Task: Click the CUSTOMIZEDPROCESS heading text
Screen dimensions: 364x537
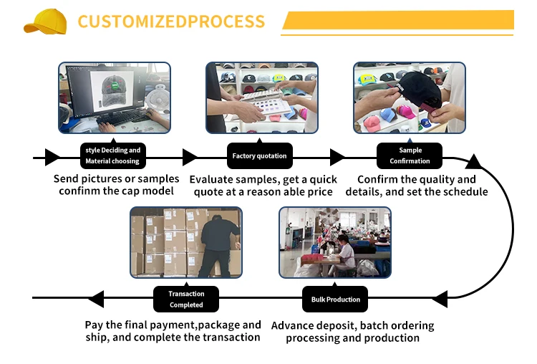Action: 170,21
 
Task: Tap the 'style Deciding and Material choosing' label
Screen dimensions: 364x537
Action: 112,156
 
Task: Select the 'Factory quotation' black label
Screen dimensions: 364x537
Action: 259,156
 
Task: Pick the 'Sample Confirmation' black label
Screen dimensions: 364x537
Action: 410,156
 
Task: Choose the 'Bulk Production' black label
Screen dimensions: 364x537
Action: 336,300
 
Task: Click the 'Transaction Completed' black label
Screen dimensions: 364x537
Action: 186,300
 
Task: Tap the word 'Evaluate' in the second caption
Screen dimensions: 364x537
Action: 214,180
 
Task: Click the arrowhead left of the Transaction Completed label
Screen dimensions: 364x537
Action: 95,300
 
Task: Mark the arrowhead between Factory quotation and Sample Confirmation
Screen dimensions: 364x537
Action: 337,156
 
